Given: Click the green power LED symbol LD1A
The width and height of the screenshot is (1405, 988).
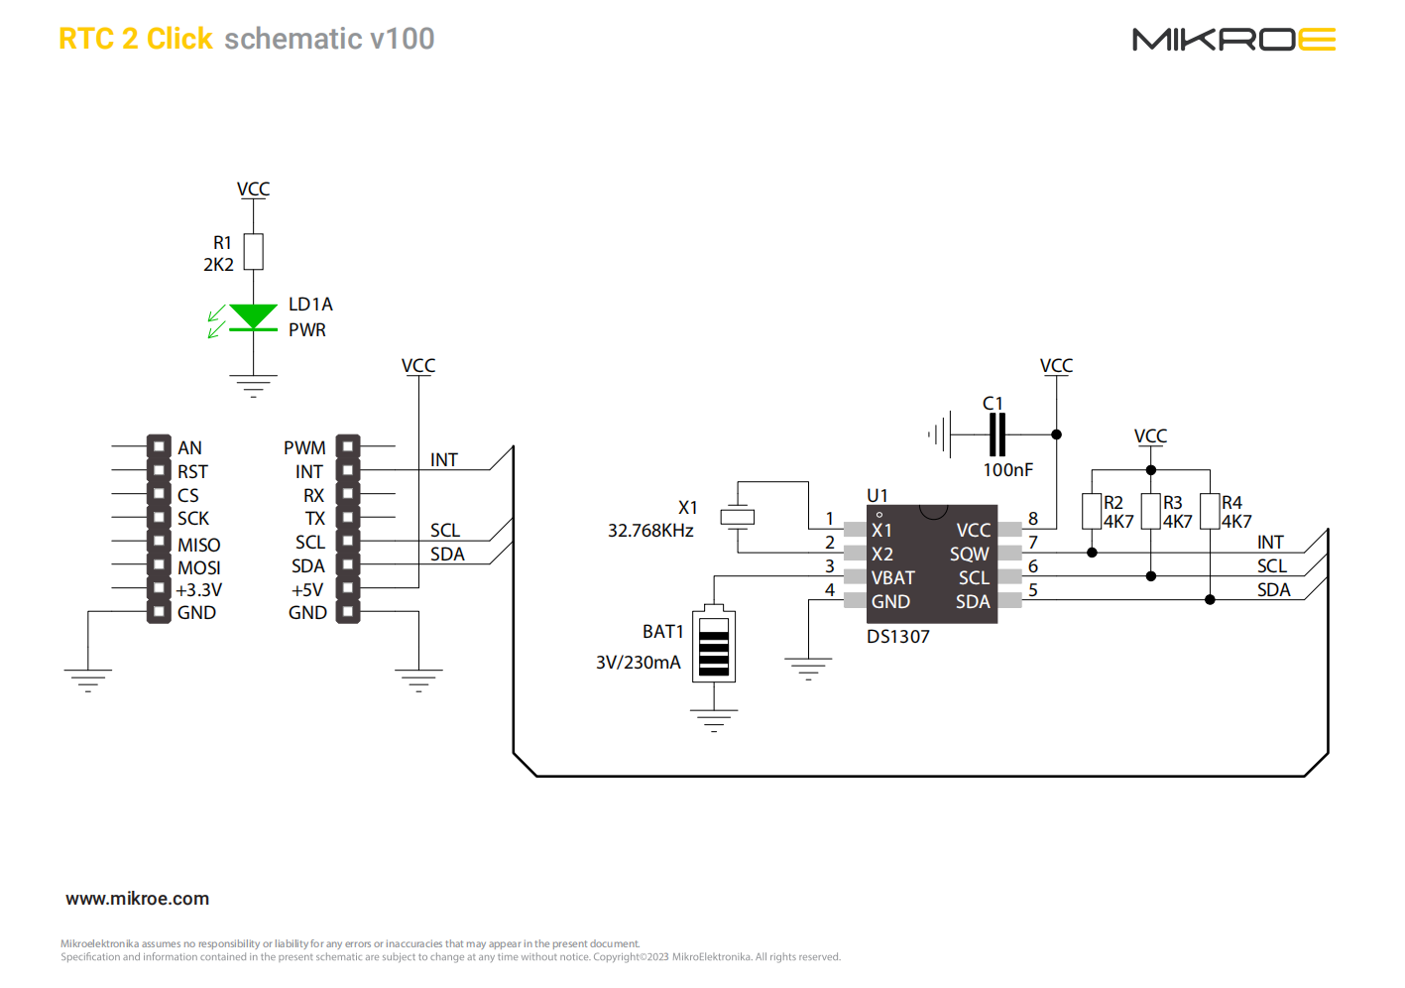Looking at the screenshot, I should [253, 317].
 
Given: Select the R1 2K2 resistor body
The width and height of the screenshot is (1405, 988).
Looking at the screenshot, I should [254, 252].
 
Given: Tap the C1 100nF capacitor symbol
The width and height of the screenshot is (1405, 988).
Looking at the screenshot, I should [997, 434].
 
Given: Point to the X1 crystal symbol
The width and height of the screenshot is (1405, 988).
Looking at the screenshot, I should [737, 517].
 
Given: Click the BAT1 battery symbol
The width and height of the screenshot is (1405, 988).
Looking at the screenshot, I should [714, 646].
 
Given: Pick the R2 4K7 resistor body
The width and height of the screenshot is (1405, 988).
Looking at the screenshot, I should [1092, 512].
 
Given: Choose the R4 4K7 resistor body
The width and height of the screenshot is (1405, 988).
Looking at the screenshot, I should [1210, 512].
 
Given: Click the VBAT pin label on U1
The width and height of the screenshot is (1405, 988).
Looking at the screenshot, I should [892, 578].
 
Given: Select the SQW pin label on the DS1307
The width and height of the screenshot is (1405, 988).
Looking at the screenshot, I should [969, 555].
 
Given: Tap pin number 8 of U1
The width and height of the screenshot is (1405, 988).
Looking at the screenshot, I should [1033, 519].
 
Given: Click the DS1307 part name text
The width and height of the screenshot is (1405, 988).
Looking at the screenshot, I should [898, 637].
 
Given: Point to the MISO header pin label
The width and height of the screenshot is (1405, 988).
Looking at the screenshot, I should [198, 545].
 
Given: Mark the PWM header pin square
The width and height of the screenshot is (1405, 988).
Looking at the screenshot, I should [347, 447].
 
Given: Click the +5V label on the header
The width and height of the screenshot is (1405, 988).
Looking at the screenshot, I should [306, 590].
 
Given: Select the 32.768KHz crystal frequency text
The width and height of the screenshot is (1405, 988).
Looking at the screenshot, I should [650, 531].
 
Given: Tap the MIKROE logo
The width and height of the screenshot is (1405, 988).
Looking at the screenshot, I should [1233, 40].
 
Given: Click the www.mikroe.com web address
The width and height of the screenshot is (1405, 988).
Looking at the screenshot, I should [137, 899].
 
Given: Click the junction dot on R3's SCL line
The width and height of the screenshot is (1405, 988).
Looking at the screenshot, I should [1151, 576].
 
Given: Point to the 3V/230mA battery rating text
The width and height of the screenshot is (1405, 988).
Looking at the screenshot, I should [638, 663].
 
